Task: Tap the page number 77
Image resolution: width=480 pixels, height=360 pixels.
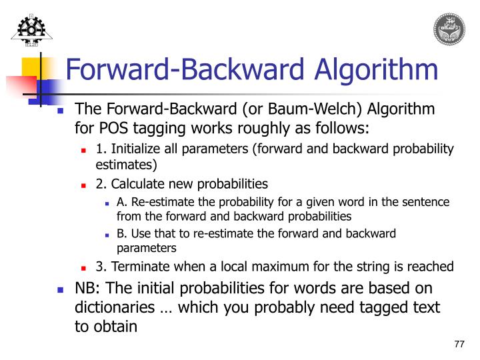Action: pos(459,344)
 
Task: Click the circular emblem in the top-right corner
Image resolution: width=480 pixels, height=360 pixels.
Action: pos(450,28)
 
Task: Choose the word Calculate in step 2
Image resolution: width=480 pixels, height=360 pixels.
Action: pos(133,183)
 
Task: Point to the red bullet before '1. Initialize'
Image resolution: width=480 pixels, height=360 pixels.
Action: pos(84,149)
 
